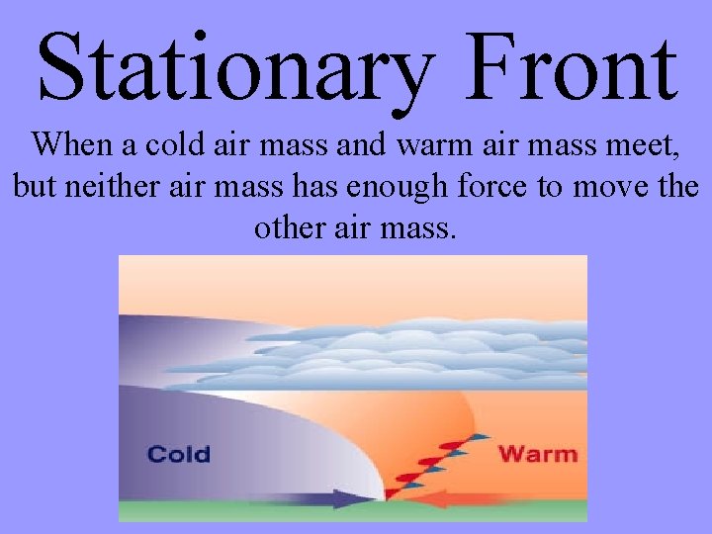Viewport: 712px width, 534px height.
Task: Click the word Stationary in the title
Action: point(235,66)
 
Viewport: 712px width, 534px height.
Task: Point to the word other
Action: point(285,228)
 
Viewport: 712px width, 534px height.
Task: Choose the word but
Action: point(30,187)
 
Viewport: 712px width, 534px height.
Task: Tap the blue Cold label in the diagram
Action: point(179,454)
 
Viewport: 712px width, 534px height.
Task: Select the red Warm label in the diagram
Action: point(537,454)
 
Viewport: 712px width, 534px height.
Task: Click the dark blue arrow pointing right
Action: point(336,498)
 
